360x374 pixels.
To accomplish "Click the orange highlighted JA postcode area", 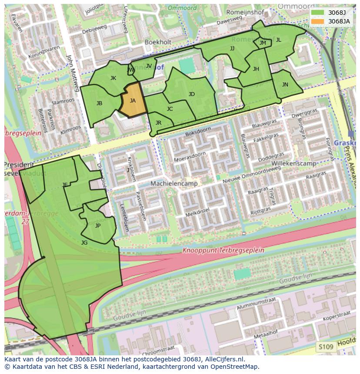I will [x=133, y=101].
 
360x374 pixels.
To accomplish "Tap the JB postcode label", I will [x=100, y=103].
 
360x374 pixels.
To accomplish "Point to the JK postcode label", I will [x=113, y=78].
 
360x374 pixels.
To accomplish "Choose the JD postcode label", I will [x=192, y=94].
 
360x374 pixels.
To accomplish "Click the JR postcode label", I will [x=158, y=123].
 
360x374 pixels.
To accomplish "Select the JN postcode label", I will [x=285, y=85].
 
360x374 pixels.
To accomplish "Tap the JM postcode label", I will [x=263, y=43].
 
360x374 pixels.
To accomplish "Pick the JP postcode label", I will [x=98, y=226].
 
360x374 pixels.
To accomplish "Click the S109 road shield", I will [x=325, y=347].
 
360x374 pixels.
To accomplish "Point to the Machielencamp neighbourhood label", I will [x=174, y=184].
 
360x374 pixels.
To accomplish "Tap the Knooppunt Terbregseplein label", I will [x=223, y=251].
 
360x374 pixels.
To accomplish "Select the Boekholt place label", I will [x=159, y=42].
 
